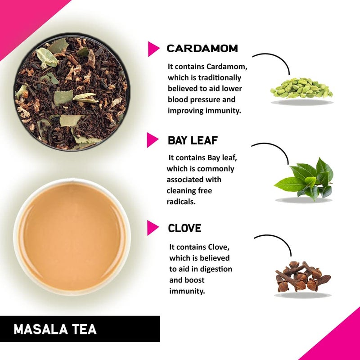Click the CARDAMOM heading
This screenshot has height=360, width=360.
pyautogui.click(x=202, y=49)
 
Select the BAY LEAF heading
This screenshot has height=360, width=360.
pyautogui.click(x=193, y=140)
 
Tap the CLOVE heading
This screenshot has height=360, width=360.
pyautogui.click(x=184, y=228)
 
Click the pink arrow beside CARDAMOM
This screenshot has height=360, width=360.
pyautogui.click(x=153, y=49)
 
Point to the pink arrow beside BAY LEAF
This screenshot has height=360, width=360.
pyautogui.click(x=153, y=140)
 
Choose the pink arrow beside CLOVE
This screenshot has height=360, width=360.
pyautogui.click(x=153, y=228)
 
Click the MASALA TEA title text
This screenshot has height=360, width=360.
pyautogui.click(x=55, y=329)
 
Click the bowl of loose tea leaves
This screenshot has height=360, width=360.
pyautogui.click(x=72, y=94)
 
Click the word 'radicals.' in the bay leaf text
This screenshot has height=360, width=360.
pyautogui.click(x=182, y=202)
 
